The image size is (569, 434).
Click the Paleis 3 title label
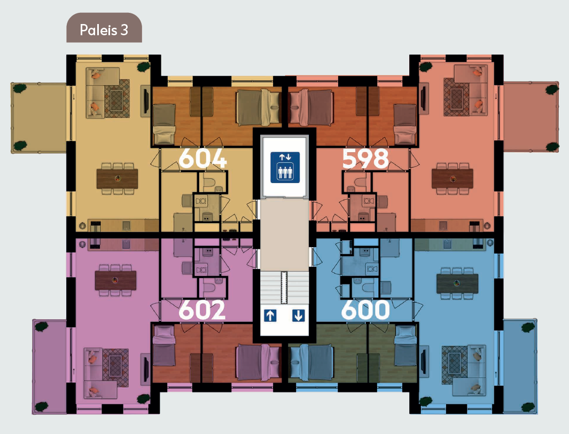pyautogui.click(x=104, y=30)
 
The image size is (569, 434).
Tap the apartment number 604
pyautogui.click(x=202, y=159)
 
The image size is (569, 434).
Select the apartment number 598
pyautogui.click(x=365, y=159)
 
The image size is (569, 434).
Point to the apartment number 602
pyautogui.click(x=202, y=310)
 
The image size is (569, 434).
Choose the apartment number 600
pyautogui.click(x=365, y=310)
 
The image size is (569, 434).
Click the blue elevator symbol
pyautogui.click(x=285, y=167)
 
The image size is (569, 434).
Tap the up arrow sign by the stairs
pyautogui.click(x=270, y=315)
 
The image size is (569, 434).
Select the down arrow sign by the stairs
pyautogui.click(x=298, y=315)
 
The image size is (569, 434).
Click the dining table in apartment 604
pyautogui.click(x=117, y=179)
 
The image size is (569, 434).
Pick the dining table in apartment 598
pyautogui.click(x=453, y=179)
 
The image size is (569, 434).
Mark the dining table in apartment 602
pyautogui.click(x=115, y=280)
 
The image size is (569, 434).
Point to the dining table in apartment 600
pyautogui.click(x=457, y=283)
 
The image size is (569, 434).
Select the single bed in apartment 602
pyautogui.click(x=164, y=345)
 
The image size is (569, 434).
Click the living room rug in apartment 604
pyautogui.click(x=117, y=98)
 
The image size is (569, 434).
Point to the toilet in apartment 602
pyautogui.click(x=210, y=288)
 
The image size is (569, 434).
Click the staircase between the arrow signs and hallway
pyautogui.click(x=284, y=288)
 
